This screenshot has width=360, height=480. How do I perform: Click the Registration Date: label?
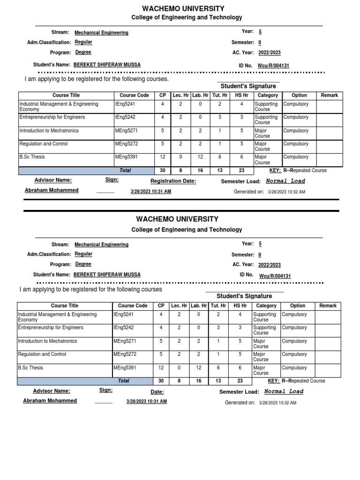[173, 181]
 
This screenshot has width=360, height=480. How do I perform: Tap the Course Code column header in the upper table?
[134, 95]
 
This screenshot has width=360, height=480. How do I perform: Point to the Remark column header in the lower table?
[328, 306]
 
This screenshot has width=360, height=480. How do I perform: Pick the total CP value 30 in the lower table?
[161, 381]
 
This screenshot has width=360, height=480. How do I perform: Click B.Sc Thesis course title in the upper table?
[32, 157]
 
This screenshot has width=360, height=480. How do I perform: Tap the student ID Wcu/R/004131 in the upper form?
[273, 66]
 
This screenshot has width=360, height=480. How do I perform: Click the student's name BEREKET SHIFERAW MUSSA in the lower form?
[107, 275]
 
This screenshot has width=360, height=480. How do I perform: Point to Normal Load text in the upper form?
[285, 181]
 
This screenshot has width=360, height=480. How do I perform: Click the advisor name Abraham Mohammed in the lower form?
[50, 401]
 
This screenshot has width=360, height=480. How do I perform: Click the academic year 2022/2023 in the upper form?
[270, 53]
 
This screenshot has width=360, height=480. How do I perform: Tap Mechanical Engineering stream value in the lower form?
[101, 245]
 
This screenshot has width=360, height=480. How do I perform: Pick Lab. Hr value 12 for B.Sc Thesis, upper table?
[200, 157]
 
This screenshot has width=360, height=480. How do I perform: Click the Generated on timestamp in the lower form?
[277, 403]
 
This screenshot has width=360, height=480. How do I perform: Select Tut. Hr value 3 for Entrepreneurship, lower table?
[218, 328]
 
